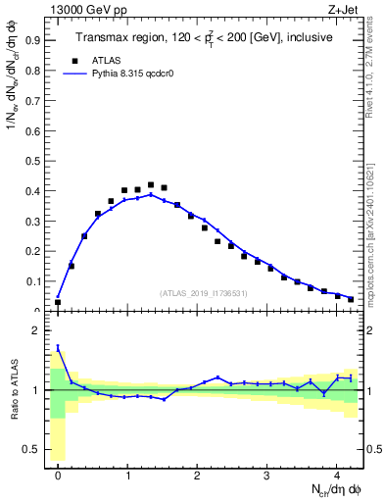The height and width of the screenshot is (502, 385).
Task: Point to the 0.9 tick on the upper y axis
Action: (x=35, y=41)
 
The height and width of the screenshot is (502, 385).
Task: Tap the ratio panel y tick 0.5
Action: (x=35, y=450)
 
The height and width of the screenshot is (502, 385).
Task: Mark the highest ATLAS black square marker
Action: (x=150, y=184)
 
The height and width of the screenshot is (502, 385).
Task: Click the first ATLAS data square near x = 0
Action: (x=58, y=302)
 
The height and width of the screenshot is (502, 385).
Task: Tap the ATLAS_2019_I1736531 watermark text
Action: (x=203, y=293)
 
